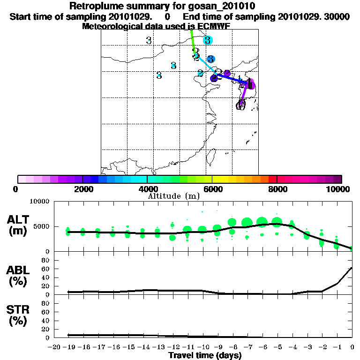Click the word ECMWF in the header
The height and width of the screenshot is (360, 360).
(x=213, y=26)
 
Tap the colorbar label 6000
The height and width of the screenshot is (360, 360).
(x=212, y=189)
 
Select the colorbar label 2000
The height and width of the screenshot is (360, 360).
(x=82, y=189)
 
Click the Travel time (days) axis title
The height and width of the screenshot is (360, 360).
(x=205, y=355)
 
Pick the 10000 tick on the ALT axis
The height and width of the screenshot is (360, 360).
(x=40, y=202)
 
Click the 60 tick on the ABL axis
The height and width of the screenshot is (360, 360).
(x=46, y=269)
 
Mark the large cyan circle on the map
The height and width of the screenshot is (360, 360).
(x=208, y=40)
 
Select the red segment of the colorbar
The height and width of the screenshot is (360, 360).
(x=272, y=179)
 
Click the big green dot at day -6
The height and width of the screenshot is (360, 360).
(x=262, y=222)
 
